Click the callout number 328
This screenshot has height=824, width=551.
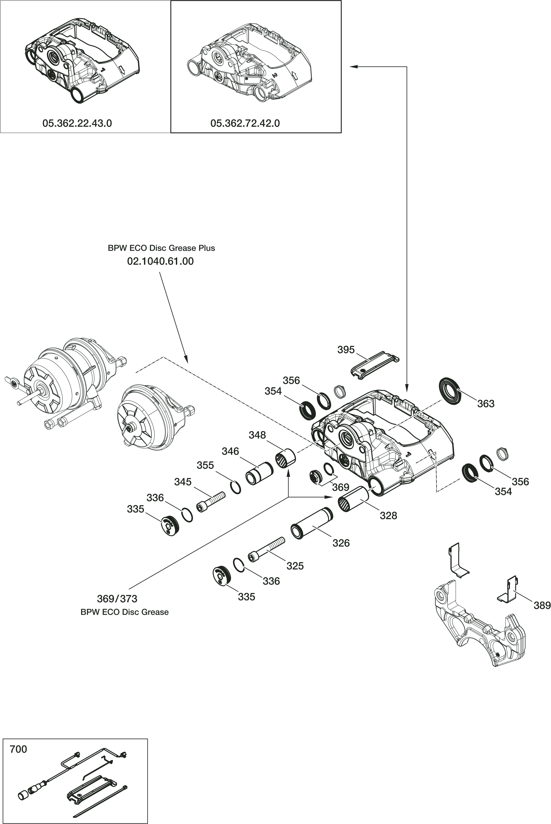tap(388, 516)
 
